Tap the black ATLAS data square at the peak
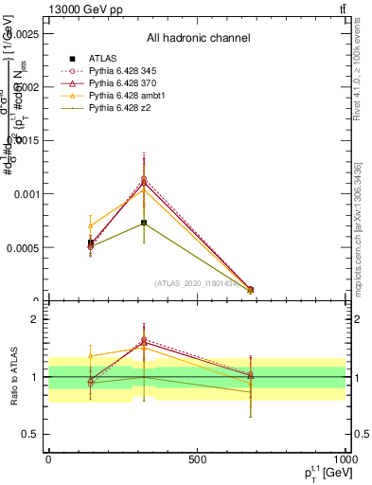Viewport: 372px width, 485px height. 144,223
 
